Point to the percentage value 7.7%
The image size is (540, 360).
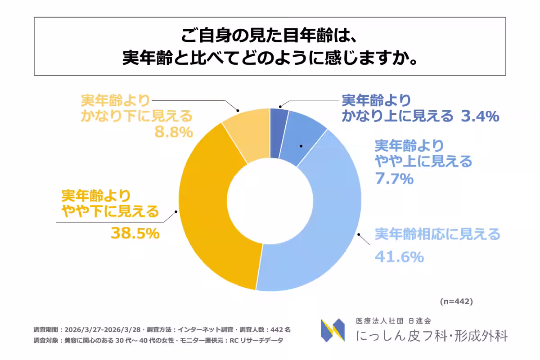[394, 179]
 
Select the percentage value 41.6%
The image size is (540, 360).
[399, 257]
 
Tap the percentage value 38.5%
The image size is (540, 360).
[135, 233]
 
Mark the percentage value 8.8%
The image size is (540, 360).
[174, 132]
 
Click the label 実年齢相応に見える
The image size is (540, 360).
[437, 234]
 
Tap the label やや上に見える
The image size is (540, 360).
[423, 161]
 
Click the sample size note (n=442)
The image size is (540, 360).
[456, 301]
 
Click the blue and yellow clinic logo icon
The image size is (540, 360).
[333, 330]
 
